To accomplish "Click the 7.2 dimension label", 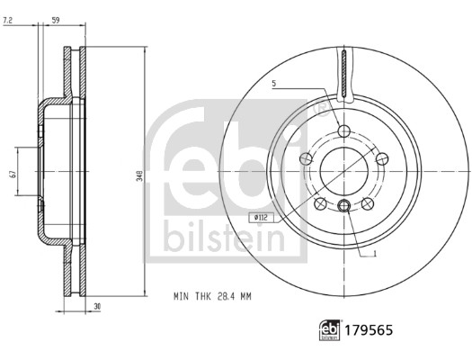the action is click(x=7, y=21).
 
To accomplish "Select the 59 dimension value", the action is click(x=56, y=21).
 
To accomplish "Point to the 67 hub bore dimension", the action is click(x=13, y=175).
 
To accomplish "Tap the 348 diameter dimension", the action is click(x=139, y=175).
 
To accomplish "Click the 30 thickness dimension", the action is click(x=97, y=307).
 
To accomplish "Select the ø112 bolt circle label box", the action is click(x=261, y=217).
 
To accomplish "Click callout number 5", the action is click(x=274, y=83).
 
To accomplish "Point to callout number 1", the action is click(x=375, y=254).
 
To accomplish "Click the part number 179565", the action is click(x=369, y=330).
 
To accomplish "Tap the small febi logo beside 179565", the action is click(x=330, y=330).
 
